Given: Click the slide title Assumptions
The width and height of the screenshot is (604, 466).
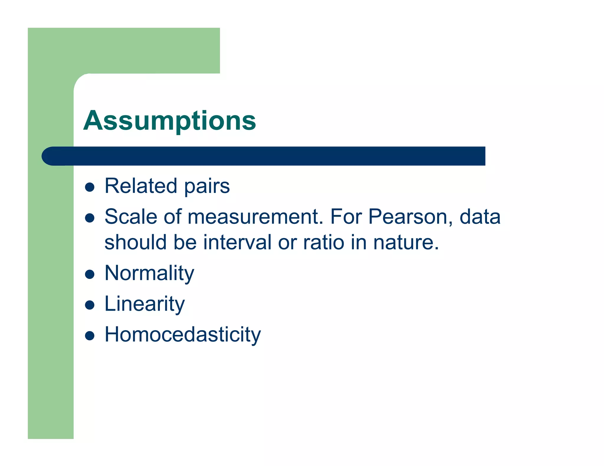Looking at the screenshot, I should point(170,121).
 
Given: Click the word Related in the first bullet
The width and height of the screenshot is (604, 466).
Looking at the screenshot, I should point(141,186).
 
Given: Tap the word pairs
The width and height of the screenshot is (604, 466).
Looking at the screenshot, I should point(207,187).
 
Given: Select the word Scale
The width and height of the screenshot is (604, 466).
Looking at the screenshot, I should point(131,217).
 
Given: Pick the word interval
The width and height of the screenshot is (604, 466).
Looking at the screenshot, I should point(237,242).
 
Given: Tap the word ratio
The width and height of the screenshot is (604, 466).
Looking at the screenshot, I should point(324,242).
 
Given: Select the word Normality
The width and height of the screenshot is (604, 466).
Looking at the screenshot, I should point(149,273).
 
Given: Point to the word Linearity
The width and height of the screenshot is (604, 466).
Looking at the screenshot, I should point(145,304).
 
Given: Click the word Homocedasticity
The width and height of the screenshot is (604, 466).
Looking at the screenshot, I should point(183,335).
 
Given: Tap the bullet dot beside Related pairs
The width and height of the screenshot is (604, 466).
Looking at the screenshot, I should point(89,187).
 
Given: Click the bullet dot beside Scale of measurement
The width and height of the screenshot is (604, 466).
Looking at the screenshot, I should point(89,218).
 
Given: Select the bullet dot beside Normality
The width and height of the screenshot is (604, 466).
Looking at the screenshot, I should point(89,275).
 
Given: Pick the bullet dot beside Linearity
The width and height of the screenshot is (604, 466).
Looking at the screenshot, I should point(89,305).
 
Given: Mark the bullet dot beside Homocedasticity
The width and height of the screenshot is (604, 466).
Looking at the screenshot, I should point(89,336).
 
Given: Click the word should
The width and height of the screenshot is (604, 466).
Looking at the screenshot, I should point(136,242).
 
